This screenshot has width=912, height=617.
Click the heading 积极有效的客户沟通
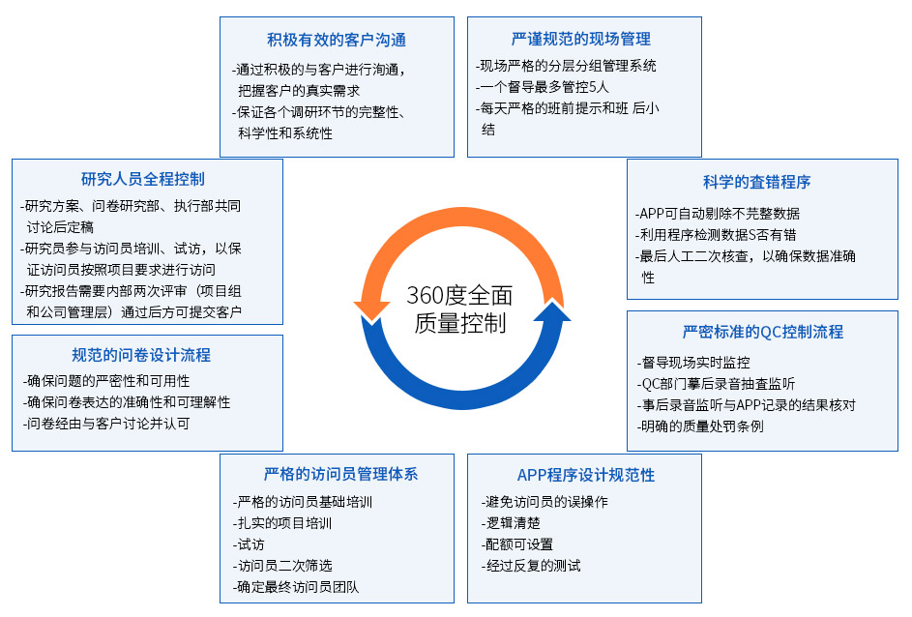tap(337, 40)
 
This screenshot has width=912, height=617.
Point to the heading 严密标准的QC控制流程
tap(763, 332)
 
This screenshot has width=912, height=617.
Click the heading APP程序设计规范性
tap(586, 475)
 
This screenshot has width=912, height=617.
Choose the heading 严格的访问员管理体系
tap(340, 475)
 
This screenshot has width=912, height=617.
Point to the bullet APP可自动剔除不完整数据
tap(719, 214)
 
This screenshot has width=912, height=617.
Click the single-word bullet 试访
tap(250, 544)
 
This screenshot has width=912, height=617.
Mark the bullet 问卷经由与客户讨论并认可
tap(105, 424)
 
